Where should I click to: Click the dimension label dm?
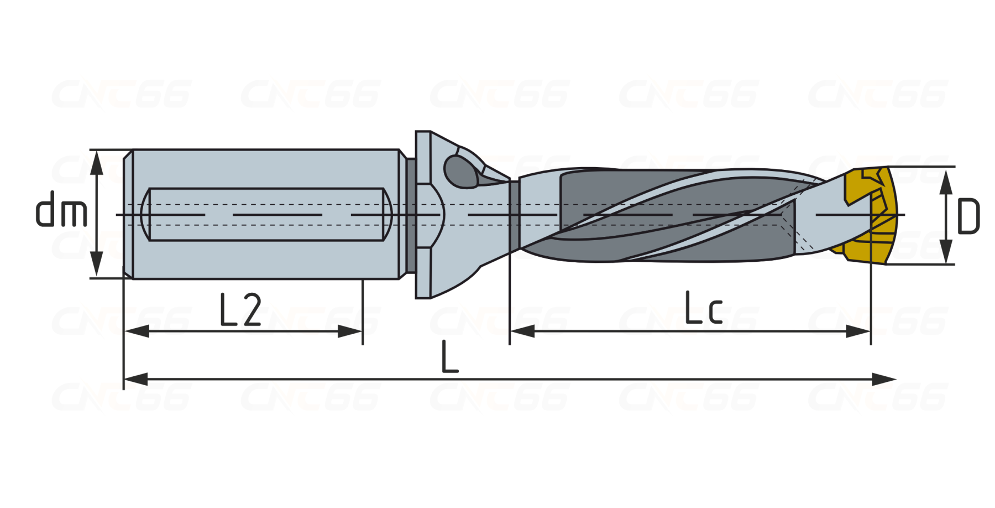[x=61, y=209]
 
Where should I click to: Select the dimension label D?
[x=968, y=216]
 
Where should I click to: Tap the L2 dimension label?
[x=240, y=309]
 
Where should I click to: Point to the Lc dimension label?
[x=704, y=308]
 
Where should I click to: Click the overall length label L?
[x=449, y=357]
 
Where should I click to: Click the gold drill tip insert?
[x=865, y=216]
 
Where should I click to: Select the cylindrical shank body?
[x=265, y=214]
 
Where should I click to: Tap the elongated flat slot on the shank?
[x=266, y=214]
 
